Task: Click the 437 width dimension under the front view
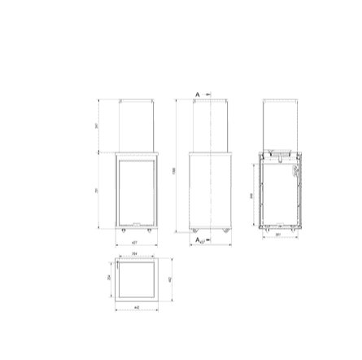(134, 241)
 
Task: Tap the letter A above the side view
(197, 94)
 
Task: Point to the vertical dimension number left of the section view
(251, 195)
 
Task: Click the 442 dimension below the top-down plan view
(136, 309)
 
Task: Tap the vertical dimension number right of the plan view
(169, 280)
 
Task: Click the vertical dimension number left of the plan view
(108, 278)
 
